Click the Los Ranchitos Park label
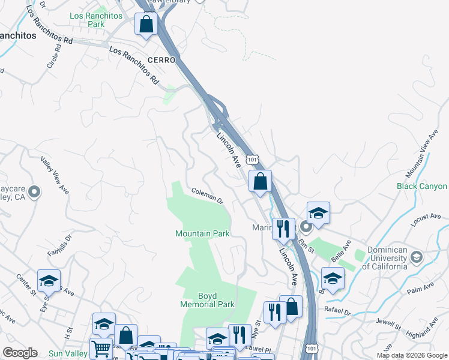point(87,20)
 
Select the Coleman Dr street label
point(207,196)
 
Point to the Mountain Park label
point(202,233)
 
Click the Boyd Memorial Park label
point(208,300)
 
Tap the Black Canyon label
point(422,187)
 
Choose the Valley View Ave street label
point(55,175)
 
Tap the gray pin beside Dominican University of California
point(415,258)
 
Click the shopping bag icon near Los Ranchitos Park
point(146,25)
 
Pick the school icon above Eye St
point(49,281)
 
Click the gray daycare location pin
point(35,193)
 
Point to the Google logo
point(20,353)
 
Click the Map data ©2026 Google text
point(411,355)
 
